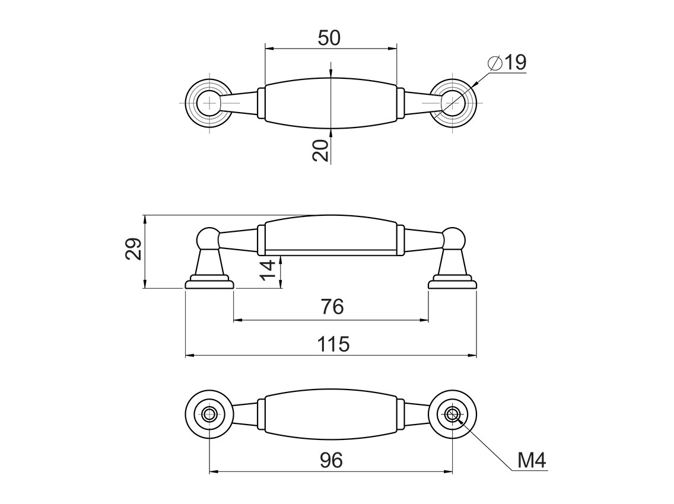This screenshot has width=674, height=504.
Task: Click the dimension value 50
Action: tap(329, 38)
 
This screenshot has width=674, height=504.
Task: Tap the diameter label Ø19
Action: tap(508, 63)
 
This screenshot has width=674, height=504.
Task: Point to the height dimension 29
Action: tap(133, 249)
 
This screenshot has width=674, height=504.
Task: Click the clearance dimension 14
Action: tap(269, 270)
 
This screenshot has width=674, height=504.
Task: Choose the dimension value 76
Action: tap(332, 307)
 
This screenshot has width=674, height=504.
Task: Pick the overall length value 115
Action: tap(333, 344)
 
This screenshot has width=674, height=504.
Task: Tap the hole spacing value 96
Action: tap(332, 460)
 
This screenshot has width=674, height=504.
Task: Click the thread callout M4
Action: tap(531, 460)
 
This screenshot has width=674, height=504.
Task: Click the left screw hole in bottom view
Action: tap(209, 414)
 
